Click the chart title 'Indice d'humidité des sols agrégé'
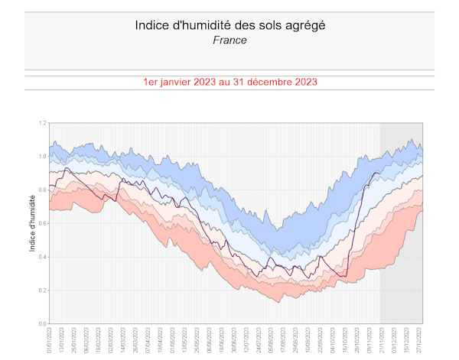229,24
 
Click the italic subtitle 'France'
229,40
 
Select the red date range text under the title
229,81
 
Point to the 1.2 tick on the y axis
43,123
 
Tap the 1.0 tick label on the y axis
43,157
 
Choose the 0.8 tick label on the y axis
43,190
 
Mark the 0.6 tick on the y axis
43,223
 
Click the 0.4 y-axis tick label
43,257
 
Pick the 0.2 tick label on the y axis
43,290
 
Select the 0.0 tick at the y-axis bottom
43,323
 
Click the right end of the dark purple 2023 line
379,174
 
